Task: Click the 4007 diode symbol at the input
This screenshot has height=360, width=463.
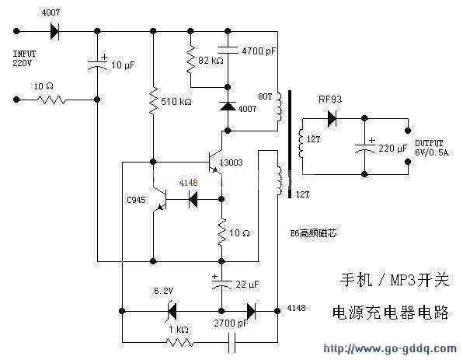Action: pos(54,31)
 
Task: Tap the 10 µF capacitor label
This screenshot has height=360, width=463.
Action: pos(123,65)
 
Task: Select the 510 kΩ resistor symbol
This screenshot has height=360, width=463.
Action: pos(153,101)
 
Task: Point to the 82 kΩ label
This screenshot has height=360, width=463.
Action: pos(211,61)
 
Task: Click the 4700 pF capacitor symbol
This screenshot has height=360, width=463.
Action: pos(228,50)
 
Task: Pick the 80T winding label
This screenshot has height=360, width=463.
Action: pos(265,96)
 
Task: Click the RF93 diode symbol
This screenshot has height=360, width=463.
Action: pos(332,118)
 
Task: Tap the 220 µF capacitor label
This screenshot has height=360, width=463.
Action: pos(393,148)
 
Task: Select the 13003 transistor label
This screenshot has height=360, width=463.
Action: pos(231,163)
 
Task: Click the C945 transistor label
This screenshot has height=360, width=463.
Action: pos(136,200)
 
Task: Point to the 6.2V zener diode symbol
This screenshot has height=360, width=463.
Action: pos(172,311)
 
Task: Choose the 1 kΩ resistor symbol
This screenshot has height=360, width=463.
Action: pos(180,343)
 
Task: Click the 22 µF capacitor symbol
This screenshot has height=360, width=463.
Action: pos(221,284)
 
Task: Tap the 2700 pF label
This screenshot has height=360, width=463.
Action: pos(231,323)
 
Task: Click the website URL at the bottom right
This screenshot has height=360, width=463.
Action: pos(390,348)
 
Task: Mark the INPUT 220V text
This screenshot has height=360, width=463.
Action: pos(25,58)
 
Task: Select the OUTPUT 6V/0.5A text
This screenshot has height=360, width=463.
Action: pos(431,148)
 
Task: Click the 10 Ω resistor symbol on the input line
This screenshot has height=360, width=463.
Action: pos(52,100)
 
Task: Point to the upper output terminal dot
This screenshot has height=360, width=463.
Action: pos(408,131)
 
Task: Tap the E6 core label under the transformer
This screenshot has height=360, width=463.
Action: pos(313,233)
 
